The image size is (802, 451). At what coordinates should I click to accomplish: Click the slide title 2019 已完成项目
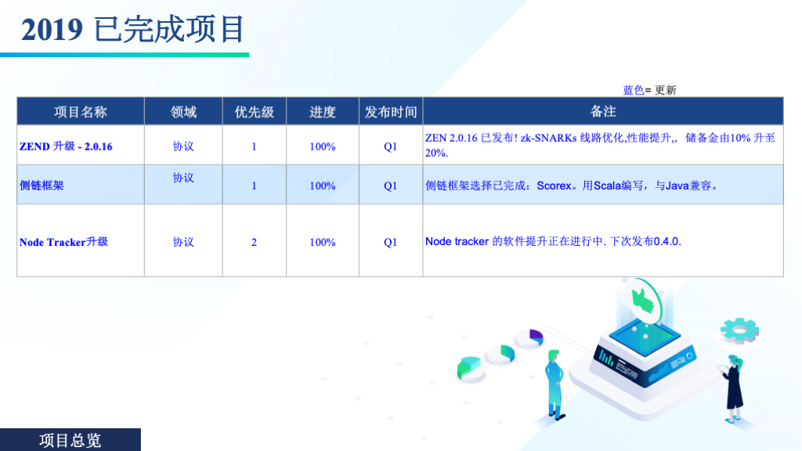click(133, 29)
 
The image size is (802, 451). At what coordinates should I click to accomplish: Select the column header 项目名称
click(81, 112)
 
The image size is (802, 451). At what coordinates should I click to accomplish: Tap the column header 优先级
click(255, 112)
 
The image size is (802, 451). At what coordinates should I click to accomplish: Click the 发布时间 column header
click(391, 112)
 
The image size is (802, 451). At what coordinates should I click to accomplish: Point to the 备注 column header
click(603, 111)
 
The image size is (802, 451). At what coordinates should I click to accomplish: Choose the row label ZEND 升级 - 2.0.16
click(66, 146)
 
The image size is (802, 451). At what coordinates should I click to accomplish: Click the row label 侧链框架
click(42, 186)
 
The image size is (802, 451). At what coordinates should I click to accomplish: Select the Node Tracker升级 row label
click(63, 242)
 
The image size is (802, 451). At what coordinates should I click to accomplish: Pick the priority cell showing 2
click(254, 243)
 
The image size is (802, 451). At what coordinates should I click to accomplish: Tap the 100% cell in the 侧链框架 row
click(323, 186)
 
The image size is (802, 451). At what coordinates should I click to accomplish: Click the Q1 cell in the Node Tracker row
click(390, 243)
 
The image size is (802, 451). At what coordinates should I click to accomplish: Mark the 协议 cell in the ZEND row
click(183, 146)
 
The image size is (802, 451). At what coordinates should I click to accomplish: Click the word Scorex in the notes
click(554, 186)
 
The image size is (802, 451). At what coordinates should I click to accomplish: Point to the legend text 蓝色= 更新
click(649, 90)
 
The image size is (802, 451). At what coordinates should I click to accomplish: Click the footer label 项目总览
click(70, 440)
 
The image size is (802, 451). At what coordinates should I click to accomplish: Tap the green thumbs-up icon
click(644, 300)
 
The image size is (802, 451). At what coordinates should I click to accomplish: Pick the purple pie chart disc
click(530, 338)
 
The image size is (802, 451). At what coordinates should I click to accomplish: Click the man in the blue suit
click(555, 384)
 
